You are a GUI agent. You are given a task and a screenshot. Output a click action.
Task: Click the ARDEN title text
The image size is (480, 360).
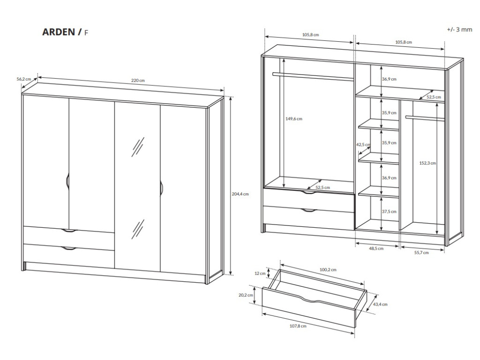click(59, 32)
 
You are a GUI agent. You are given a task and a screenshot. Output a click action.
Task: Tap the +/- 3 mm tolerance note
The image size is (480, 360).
click(459, 29)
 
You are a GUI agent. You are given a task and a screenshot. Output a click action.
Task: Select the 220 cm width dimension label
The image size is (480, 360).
click(138, 81)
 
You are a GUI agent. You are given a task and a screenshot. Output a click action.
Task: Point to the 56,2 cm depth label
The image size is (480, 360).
click(23, 79)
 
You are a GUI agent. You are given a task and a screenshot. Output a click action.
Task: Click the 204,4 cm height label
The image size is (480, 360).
click(240, 194)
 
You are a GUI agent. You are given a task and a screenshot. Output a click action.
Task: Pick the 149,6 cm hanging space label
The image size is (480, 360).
click(294, 119)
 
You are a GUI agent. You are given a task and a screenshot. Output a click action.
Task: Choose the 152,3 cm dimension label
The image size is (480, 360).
click(427, 163)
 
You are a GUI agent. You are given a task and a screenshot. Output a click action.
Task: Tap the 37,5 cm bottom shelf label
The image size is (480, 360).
click(389, 211)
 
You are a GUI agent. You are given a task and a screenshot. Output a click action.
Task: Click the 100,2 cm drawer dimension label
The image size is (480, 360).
click(329, 270)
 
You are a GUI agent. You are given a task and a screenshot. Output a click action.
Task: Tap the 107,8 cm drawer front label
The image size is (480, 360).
click(298, 326)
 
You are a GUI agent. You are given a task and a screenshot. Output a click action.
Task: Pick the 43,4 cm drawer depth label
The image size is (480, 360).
click(380, 304)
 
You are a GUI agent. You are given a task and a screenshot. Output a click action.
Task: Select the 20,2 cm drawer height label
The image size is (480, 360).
click(246, 295)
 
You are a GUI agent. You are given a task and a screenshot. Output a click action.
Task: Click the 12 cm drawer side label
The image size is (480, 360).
click(260, 273)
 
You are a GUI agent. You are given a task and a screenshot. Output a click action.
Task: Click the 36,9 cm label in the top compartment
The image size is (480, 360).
click(389, 79)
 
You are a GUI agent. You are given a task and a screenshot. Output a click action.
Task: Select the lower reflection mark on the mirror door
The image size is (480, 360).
click(137, 228)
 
